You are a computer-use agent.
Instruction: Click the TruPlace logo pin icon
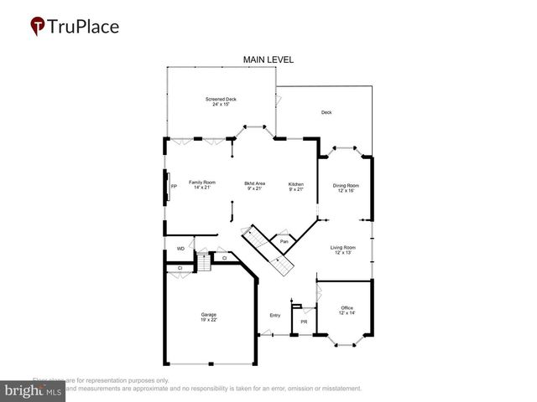pos(38,27)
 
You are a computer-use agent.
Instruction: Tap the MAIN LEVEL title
pos(268,59)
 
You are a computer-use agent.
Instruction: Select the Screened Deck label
pos(221,99)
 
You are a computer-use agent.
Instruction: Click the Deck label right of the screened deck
pos(326,112)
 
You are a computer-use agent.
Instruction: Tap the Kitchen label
pos(296,183)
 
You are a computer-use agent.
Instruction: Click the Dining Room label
pos(346,185)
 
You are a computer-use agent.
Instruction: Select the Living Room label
pos(342,248)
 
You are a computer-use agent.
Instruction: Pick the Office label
pos(347,307)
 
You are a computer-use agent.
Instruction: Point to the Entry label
pos(274,315)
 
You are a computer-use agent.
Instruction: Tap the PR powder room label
pos(303,322)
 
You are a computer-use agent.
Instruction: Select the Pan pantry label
pos(284,242)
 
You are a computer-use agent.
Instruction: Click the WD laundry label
pos(180,250)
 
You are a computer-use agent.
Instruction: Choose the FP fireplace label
pos(174,186)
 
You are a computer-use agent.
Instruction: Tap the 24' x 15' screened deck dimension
pos(221,105)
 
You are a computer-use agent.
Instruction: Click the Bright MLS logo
pos(34,390)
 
